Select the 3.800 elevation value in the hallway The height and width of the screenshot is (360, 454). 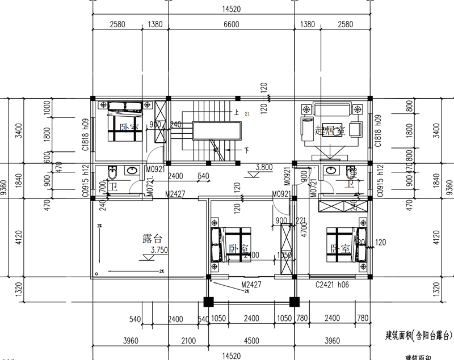pyautogui.click(x=264, y=167)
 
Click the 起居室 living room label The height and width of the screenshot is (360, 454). pyautogui.click(x=330, y=131)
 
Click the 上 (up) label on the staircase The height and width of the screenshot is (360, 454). pyautogui.click(x=236, y=113)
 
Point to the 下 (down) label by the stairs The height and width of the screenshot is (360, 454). pyautogui.click(x=247, y=151)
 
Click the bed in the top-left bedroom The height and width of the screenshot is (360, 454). pyautogui.click(x=124, y=116)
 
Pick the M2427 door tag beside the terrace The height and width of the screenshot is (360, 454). pyautogui.click(x=176, y=194)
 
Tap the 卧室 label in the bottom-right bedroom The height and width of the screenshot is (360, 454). pyautogui.click(x=340, y=248)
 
